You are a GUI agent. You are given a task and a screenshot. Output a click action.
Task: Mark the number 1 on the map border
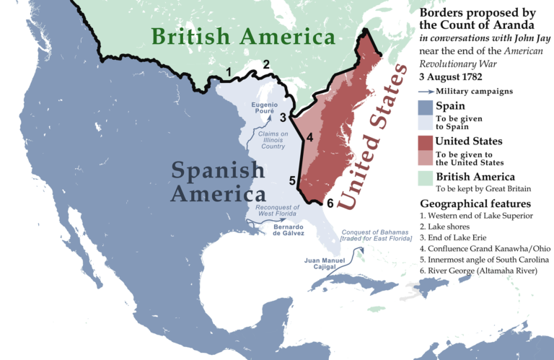pos(229,72)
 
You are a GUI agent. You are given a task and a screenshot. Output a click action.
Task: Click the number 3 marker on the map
pos(284,116)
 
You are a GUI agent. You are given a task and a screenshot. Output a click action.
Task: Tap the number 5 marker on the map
pos(292,181)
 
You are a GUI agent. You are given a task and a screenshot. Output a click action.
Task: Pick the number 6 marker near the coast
pos(330,203)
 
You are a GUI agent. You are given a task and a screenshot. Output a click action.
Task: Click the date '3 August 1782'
pos(457,76)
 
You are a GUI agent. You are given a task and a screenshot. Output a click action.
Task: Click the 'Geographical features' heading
pos(475,203)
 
